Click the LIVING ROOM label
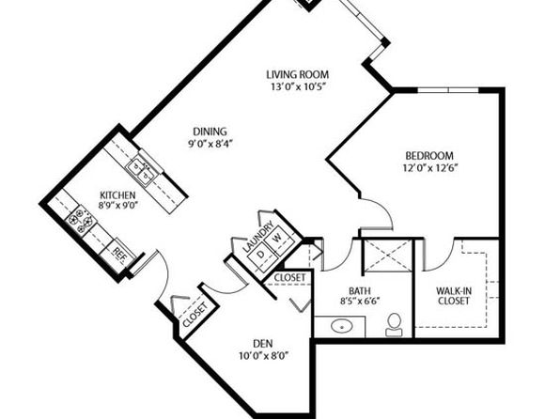pos(298,74)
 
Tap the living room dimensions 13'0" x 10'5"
pos(299,86)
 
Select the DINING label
pos(210,132)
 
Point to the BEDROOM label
pos(429,156)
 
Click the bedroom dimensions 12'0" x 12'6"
pos(430,167)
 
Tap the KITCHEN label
pos(117,195)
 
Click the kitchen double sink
pos(142,171)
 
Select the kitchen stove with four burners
pos(81,220)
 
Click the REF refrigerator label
pos(119,252)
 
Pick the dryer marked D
pos(261,255)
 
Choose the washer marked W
pos(277,238)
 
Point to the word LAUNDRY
pos(257,237)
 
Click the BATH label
pos(360,290)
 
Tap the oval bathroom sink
pos(342,326)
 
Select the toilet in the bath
pos(395,325)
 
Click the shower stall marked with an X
pos(387,256)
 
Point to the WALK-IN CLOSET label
pos(454,296)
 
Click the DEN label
pos(263,344)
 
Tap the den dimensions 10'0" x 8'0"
pos(264,356)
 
